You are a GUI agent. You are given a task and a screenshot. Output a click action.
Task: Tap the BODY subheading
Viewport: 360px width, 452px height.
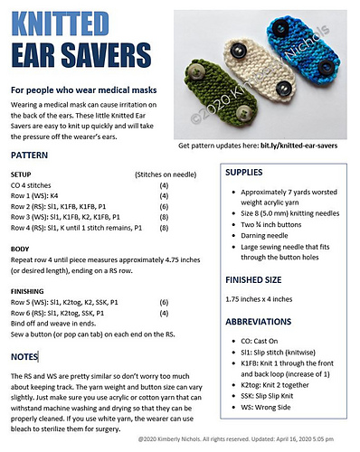click(19, 247)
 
